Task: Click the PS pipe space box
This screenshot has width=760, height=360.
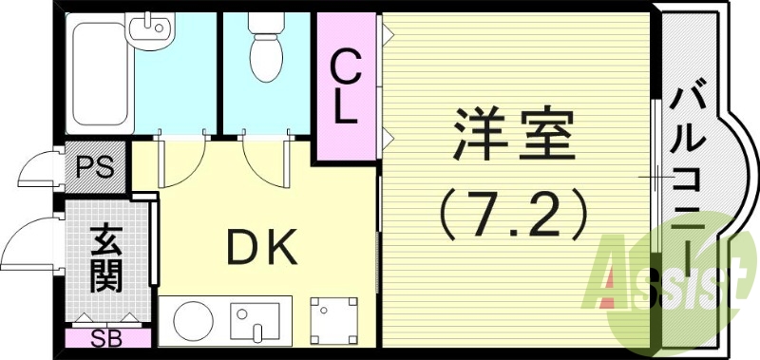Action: (95, 169)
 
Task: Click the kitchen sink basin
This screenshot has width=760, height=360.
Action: (254, 320)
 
